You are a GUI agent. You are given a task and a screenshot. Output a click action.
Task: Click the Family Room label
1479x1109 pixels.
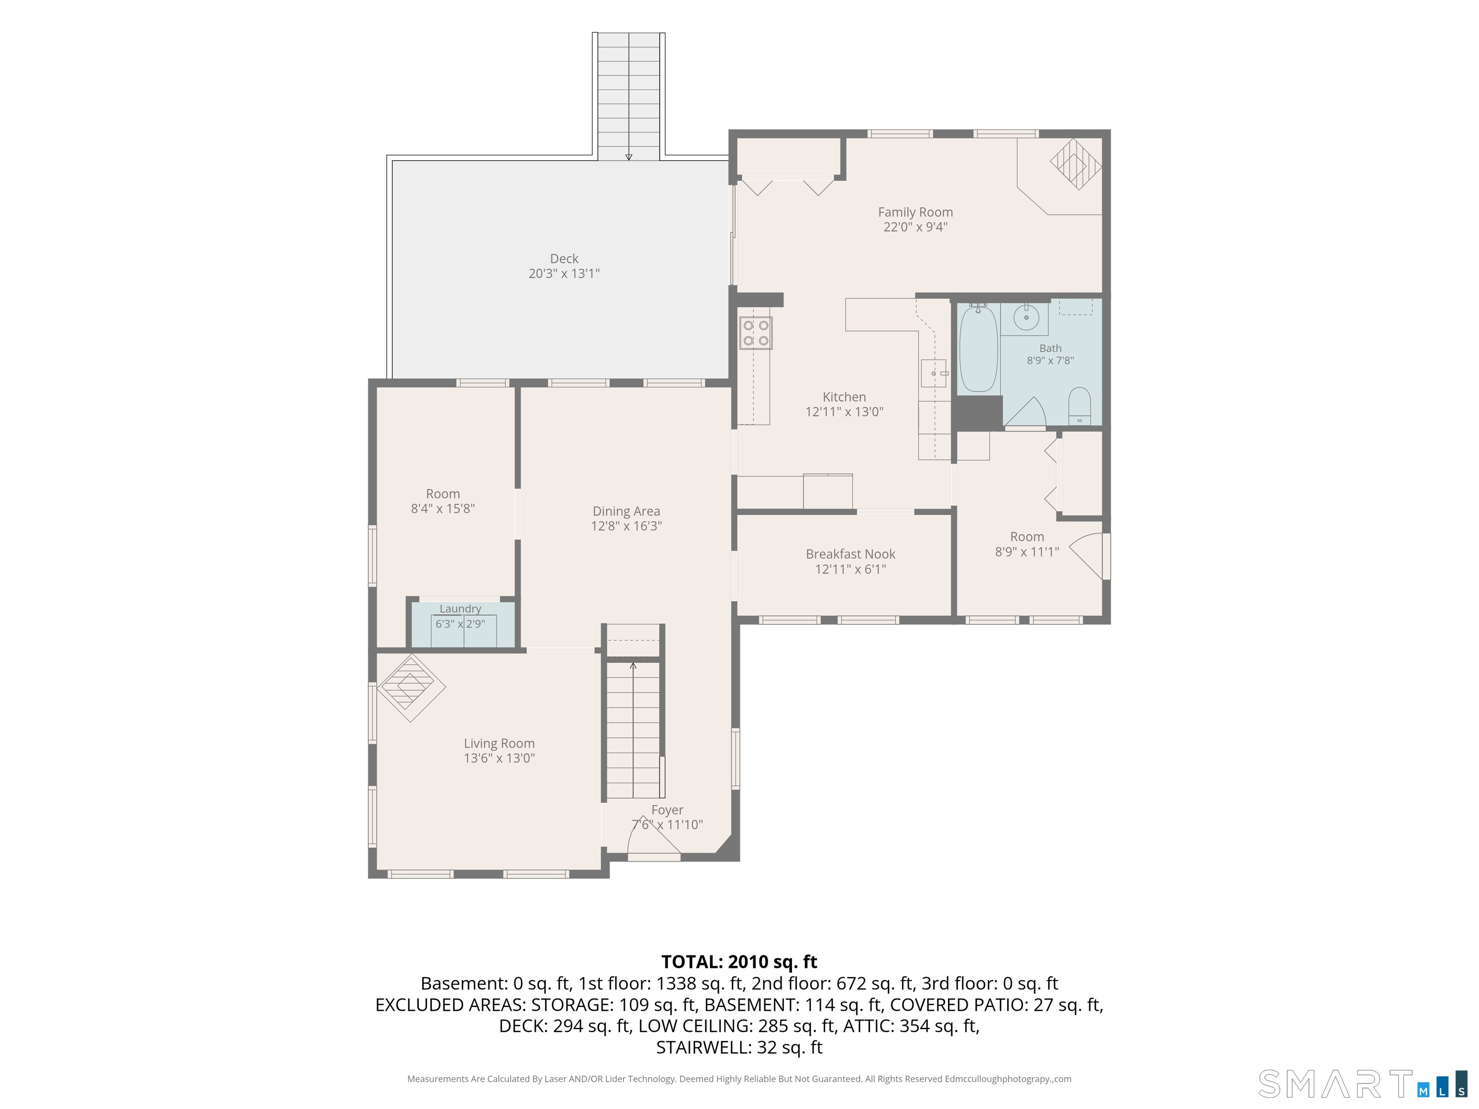point(915,212)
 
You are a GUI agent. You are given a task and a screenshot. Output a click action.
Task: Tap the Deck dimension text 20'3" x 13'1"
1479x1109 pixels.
point(564,273)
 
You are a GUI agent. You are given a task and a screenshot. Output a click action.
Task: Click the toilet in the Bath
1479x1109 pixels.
point(1079,406)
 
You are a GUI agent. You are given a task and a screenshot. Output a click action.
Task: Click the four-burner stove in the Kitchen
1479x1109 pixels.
point(755,333)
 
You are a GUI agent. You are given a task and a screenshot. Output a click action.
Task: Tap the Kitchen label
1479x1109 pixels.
point(844,397)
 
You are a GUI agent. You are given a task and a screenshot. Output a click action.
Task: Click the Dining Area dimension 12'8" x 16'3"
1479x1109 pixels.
point(626,526)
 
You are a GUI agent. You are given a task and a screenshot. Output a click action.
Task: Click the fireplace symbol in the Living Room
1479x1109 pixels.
point(411,688)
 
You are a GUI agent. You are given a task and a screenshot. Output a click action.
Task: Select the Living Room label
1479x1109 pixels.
point(499,743)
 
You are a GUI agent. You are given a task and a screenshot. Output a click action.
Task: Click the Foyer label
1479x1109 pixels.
point(667,810)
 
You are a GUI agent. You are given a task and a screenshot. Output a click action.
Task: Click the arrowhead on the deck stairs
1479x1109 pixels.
point(628,158)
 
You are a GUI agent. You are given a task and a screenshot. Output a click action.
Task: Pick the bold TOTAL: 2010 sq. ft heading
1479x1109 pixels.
point(739,962)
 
